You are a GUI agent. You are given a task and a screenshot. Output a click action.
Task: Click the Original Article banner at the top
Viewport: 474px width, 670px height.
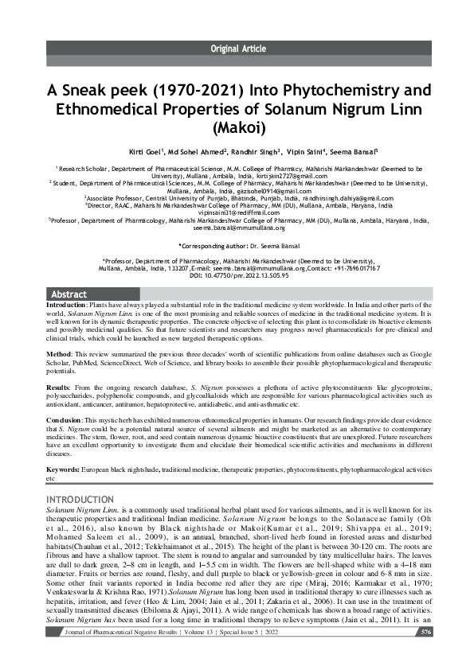237,49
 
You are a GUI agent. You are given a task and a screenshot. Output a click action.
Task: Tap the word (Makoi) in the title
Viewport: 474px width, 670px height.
237,126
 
